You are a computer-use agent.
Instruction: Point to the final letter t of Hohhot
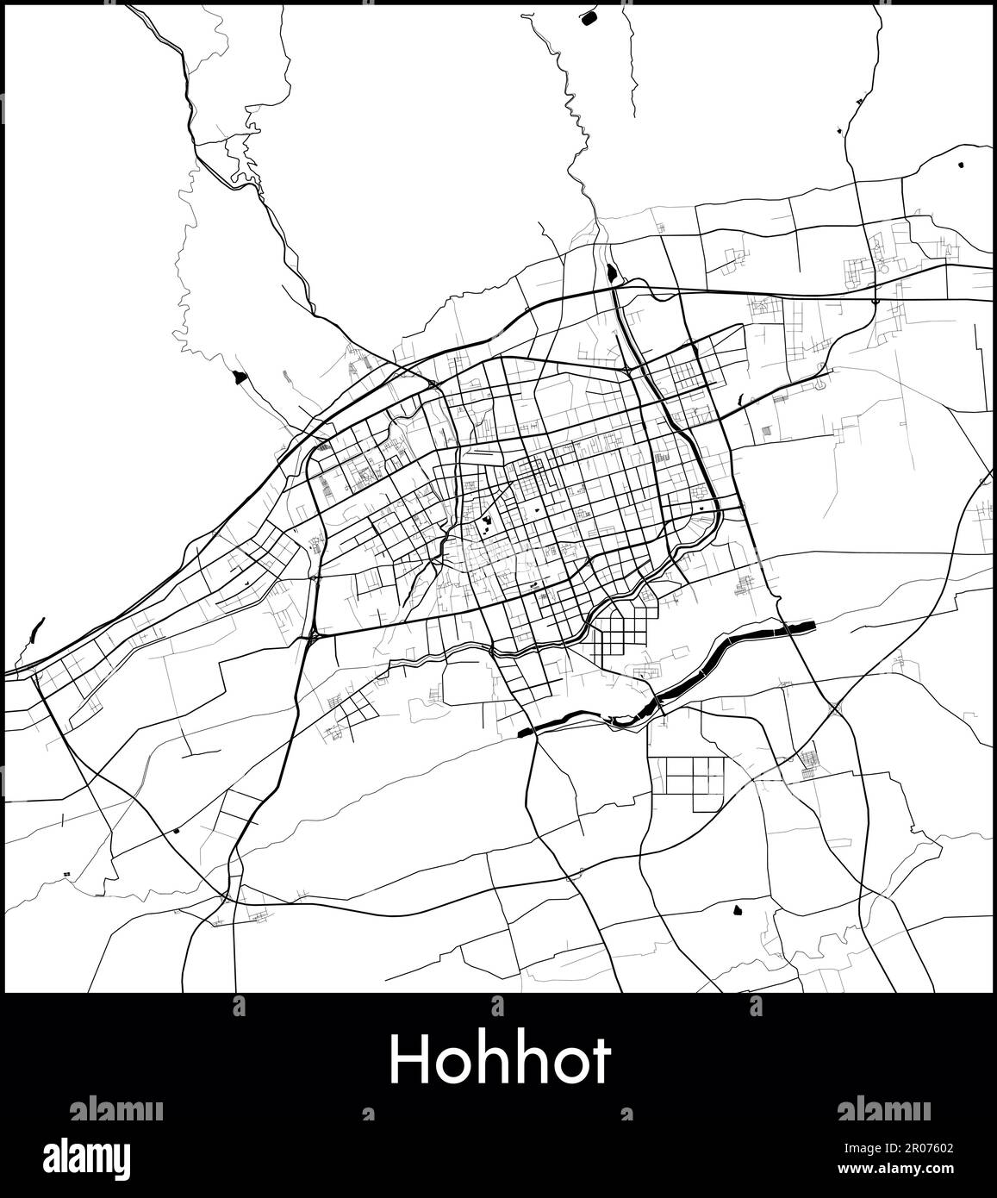[x=601, y=1060]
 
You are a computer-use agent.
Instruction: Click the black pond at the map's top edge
[x=591, y=15]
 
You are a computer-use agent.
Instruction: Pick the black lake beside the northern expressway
[x=611, y=274]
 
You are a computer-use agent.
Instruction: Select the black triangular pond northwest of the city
[x=239, y=377]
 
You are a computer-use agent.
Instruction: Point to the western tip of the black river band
[x=523, y=733]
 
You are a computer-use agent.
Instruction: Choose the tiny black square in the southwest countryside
[x=176, y=831]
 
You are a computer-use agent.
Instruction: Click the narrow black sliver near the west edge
[x=35, y=630]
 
